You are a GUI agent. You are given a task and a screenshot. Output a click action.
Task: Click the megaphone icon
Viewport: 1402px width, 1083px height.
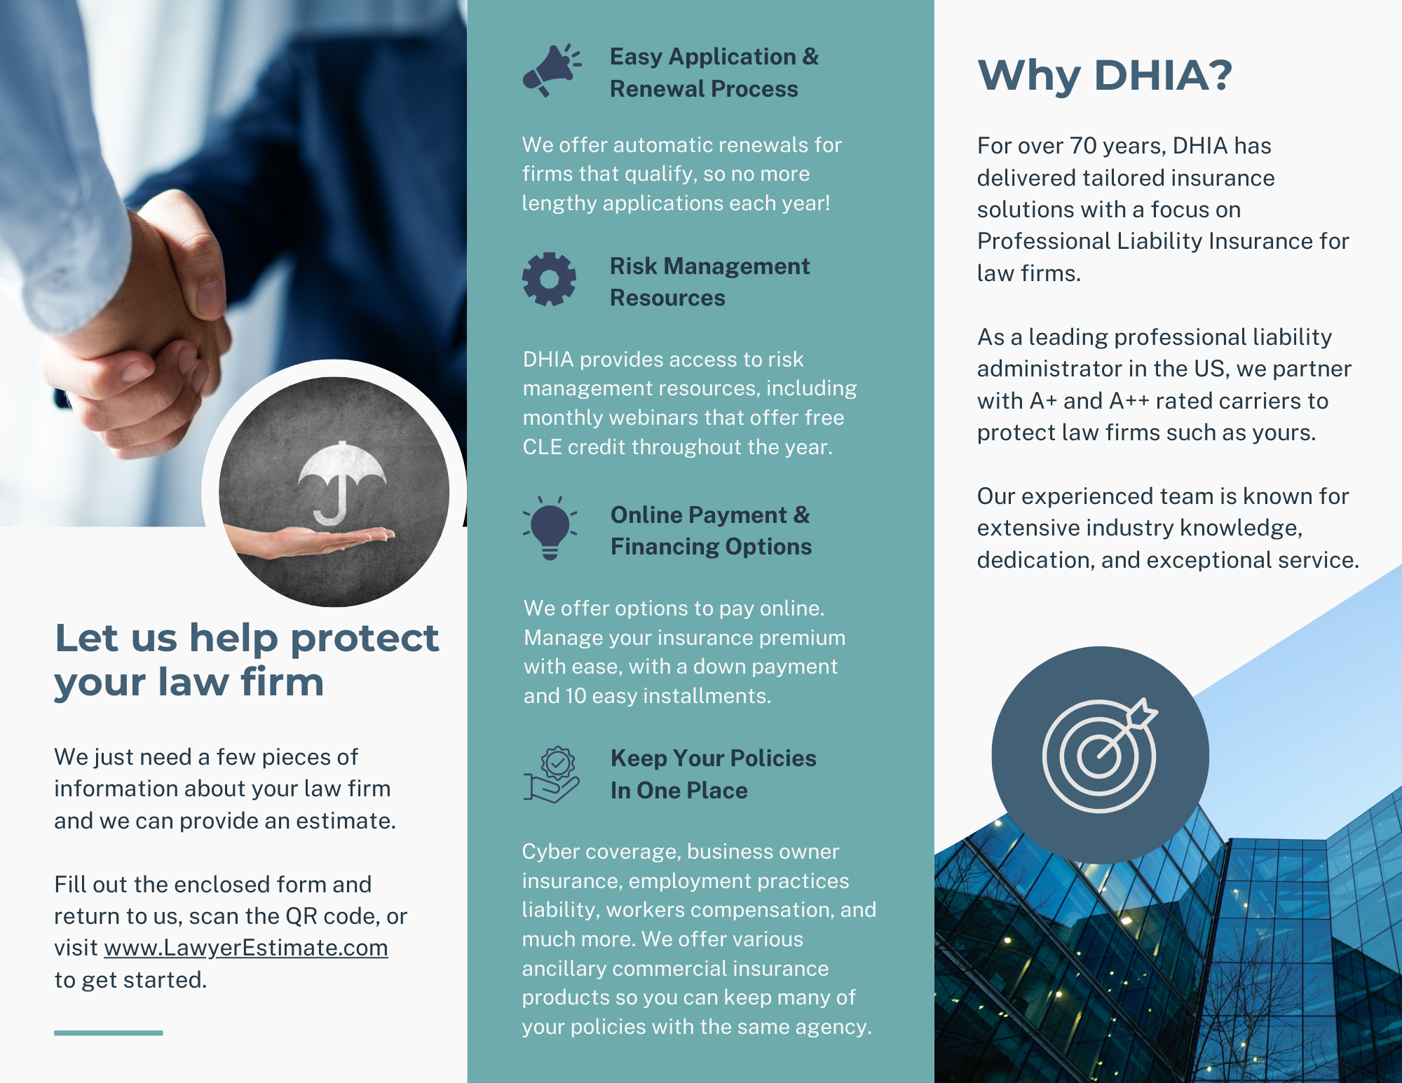click(x=552, y=70)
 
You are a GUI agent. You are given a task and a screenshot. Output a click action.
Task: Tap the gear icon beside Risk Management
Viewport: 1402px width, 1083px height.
click(x=549, y=279)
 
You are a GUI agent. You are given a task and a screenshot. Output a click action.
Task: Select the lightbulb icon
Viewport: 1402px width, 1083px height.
click(x=550, y=528)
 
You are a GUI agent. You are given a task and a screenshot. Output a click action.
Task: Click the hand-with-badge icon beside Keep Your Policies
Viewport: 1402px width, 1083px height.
click(x=552, y=775)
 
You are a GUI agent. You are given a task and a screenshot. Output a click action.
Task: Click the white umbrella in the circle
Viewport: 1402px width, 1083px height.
click(x=341, y=483)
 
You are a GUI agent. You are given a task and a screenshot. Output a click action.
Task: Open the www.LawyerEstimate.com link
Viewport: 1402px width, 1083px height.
click(x=246, y=948)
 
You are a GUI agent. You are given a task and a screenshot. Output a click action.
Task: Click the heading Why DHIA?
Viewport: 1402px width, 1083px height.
click(x=1105, y=75)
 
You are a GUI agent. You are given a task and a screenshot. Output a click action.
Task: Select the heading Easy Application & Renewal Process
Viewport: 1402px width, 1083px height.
click(x=714, y=72)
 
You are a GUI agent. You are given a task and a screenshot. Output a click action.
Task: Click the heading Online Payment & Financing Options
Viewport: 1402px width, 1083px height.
click(x=711, y=531)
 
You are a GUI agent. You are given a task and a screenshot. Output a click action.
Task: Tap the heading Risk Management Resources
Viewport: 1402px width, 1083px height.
click(x=709, y=282)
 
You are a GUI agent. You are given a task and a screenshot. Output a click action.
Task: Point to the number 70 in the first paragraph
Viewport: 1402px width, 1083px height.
click(x=1083, y=146)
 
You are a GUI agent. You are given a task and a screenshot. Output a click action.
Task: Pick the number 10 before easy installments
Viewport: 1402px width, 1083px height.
click(x=576, y=696)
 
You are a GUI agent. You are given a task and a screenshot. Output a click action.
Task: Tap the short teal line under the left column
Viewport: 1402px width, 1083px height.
click(x=109, y=1033)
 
